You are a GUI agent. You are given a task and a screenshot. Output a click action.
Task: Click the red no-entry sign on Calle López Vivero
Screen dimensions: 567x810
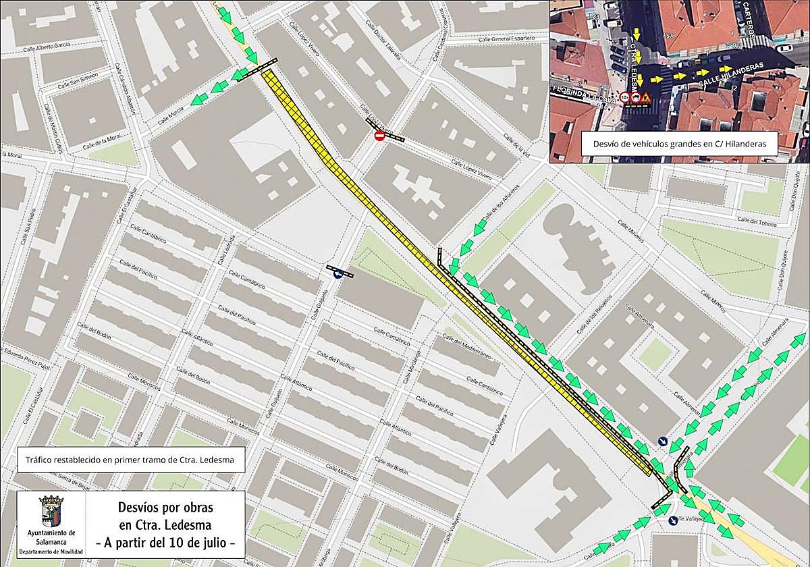tap(379, 136)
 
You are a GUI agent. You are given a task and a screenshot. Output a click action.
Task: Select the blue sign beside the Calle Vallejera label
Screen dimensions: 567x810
tap(672, 520)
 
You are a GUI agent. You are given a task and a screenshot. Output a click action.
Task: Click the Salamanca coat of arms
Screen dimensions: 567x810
tap(51, 512)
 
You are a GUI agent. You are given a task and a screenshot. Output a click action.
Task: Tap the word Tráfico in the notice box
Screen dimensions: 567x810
tap(43, 461)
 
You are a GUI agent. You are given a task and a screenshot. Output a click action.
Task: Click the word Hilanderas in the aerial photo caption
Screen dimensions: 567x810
tap(749, 143)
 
